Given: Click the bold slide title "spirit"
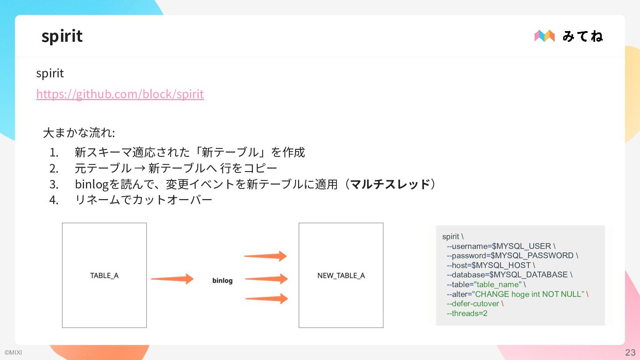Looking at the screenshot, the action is (62, 36).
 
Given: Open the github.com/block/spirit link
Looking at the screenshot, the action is (120, 94).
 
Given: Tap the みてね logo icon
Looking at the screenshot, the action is (544, 36).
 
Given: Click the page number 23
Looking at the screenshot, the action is (630, 352).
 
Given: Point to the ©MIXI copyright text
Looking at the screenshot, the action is (13, 353).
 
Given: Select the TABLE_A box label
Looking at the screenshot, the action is (104, 276).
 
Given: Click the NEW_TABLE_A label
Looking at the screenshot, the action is (341, 276).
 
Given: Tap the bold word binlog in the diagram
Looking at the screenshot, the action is (222, 280).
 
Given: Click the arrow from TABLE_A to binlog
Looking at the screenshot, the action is (172, 279).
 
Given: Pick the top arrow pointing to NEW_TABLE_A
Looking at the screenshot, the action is (265, 256).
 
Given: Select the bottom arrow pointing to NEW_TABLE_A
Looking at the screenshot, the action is (266, 298).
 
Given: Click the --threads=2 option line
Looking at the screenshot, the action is (467, 313).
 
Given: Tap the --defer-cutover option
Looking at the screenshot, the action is (473, 304).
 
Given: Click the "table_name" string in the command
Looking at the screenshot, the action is (498, 284).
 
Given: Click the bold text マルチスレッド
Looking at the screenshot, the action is (390, 184).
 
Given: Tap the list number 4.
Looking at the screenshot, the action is (54, 200).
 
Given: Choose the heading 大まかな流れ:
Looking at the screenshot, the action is (79, 133).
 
